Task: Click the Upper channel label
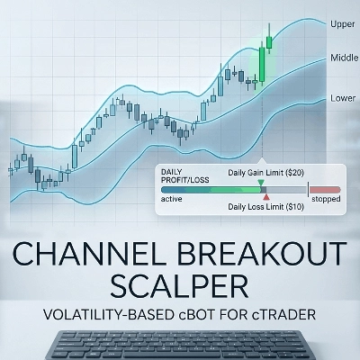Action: (343, 24)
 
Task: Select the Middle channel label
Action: (345, 58)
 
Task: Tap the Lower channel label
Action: (343, 98)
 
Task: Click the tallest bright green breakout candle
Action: (262, 64)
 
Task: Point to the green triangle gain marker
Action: (261, 183)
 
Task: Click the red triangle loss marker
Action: (266, 197)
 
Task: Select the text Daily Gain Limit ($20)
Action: (266, 173)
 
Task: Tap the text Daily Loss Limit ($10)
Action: (266, 207)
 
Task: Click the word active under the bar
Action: (171, 199)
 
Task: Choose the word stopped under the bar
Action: (326, 199)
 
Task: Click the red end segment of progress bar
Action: (325, 190)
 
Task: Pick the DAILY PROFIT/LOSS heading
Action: (185, 175)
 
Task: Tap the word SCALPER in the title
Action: (179, 285)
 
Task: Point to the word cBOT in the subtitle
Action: (195, 315)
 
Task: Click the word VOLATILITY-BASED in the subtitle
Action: (107, 315)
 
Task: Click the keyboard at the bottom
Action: (180, 345)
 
